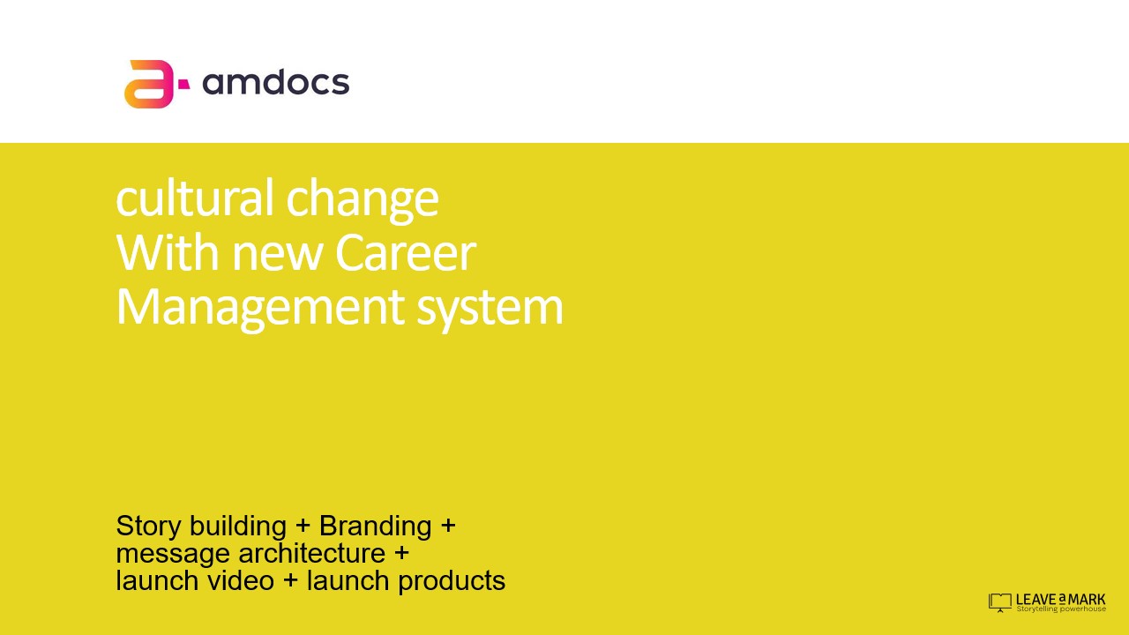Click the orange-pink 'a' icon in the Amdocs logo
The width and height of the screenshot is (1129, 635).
148,84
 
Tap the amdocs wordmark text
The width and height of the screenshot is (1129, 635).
276,82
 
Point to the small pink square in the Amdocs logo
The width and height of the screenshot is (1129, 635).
184,84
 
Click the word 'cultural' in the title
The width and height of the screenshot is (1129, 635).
195,198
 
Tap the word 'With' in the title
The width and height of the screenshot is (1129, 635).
168,252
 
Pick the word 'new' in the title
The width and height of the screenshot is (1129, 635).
277,257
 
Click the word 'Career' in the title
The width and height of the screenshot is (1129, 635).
406,252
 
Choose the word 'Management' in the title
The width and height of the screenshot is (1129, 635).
260,309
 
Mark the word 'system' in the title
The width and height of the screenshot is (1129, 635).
490,309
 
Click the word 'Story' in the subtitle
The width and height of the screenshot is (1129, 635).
149,527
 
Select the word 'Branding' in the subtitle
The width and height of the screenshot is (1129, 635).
376,527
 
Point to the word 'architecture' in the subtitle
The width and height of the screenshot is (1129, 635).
312,553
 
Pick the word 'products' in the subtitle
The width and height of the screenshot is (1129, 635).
452,581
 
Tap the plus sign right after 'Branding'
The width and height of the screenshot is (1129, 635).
448,527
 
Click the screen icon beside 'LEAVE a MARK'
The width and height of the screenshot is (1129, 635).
1000,602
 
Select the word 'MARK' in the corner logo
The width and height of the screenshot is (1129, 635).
1087,600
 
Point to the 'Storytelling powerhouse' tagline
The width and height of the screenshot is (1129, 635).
1061,609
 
